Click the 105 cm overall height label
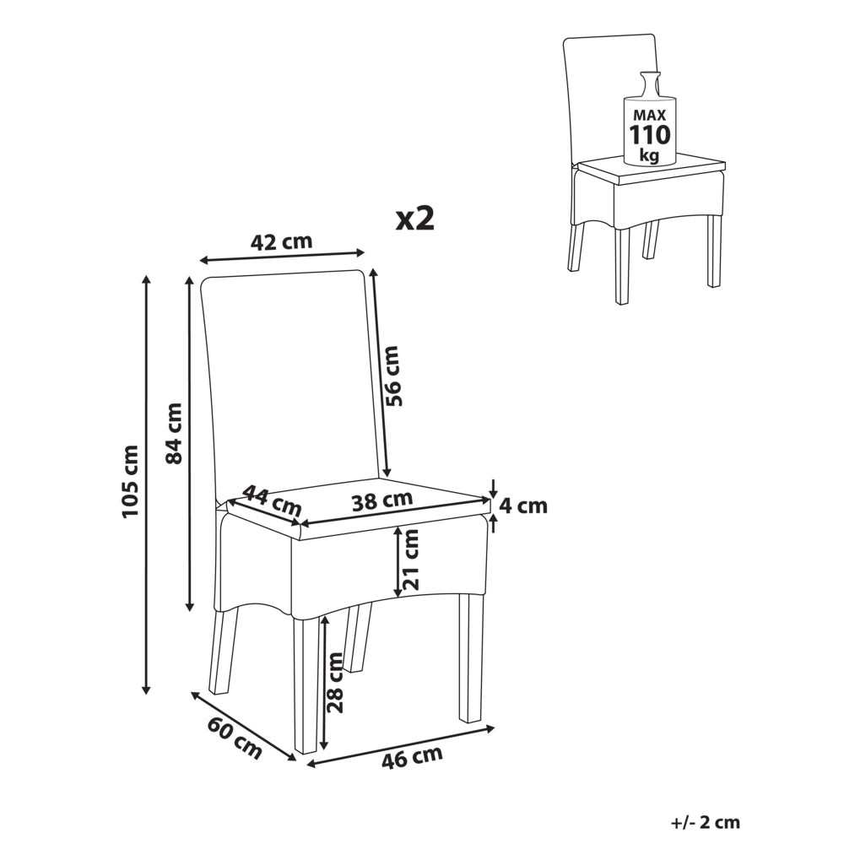pos(131,481)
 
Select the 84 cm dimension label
pos(174,433)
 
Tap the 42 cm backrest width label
pos(282,241)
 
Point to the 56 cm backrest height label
pos(393,376)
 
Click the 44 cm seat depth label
pos(272,500)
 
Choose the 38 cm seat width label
pos(382,501)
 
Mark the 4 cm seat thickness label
pos(523,506)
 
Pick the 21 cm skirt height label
pos(410,560)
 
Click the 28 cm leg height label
pos(335,683)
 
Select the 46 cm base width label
pos(413,757)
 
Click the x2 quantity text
pos(415,219)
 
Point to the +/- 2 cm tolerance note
pos(706,822)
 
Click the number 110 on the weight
pos(650,134)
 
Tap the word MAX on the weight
pos(650,115)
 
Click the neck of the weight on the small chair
pos(648,84)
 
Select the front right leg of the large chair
pos(471,657)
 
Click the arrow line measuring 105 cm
pos(146,484)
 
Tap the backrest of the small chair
pos(611,97)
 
